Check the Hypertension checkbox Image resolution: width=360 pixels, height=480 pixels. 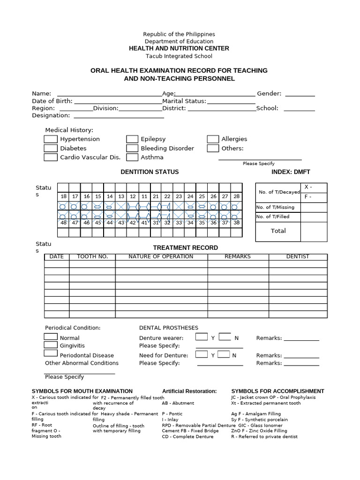pos(51,139)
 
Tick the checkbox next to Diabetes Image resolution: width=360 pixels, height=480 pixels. pos(51,148)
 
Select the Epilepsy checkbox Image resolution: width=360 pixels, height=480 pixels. pos(132,139)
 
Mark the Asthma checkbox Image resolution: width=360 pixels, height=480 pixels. pos(132,157)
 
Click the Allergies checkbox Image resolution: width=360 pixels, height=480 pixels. pos(213,139)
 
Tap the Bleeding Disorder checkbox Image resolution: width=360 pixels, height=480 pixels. pos(132,148)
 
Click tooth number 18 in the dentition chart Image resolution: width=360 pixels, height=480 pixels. pos(63,196)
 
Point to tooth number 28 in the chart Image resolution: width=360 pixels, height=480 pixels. pos(236,196)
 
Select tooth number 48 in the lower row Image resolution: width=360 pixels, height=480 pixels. pos(63,223)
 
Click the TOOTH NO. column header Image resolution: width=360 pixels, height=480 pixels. pos(92,257)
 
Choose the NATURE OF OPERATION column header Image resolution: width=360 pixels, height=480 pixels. pos(161,257)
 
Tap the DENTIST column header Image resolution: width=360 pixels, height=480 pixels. pos(298,257)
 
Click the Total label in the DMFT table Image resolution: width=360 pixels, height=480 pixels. pos(278,231)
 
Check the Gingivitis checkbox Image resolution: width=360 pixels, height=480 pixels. pos(51,345)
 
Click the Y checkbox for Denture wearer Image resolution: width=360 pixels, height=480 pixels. pos(202,337)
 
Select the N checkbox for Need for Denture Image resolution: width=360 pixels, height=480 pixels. pos(225,354)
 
